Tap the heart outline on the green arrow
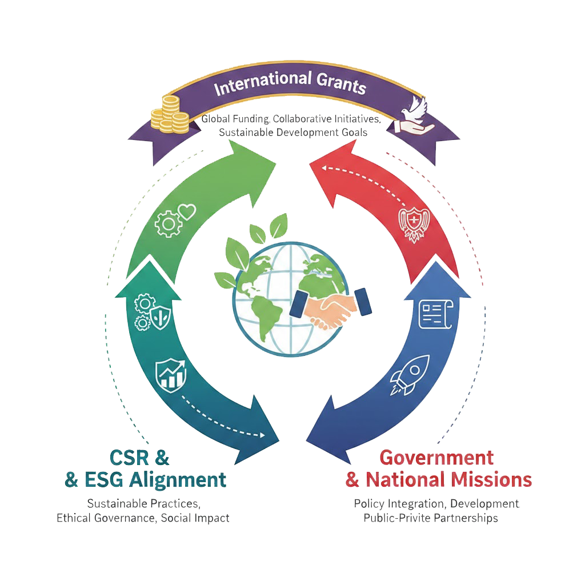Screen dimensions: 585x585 point(186,213)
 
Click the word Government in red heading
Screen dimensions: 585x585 point(436,458)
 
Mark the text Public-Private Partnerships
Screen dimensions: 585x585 point(431,518)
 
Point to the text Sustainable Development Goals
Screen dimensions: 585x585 point(292,132)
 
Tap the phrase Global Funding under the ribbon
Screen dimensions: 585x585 point(235,119)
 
